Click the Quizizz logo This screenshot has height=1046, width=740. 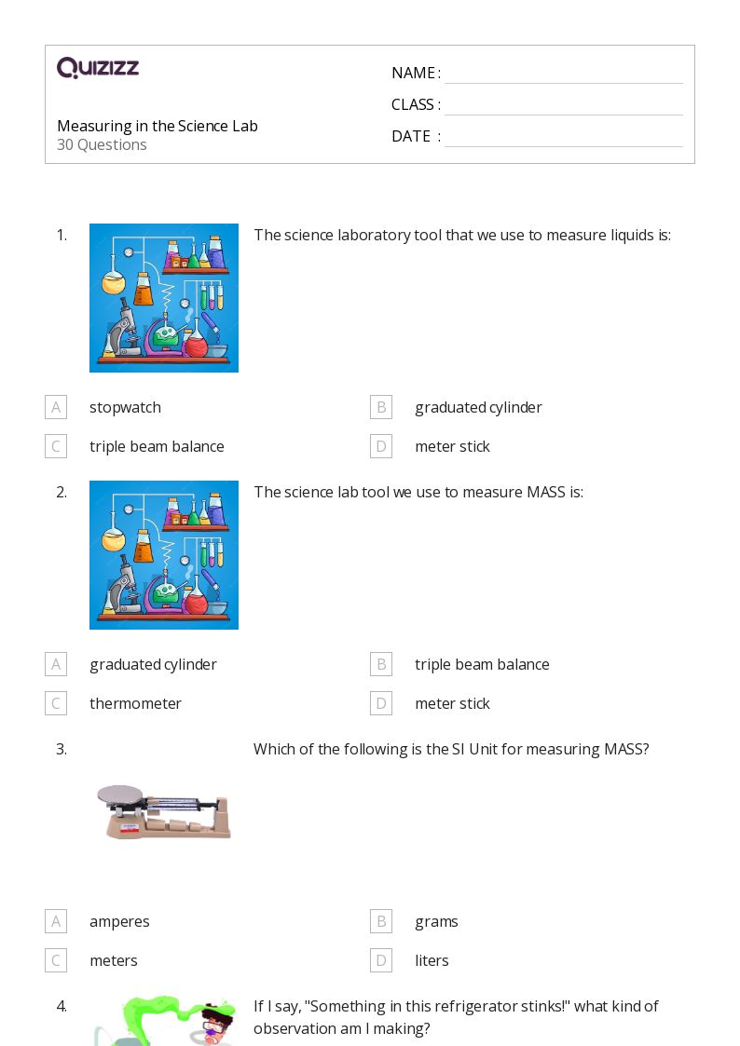pyautogui.click(x=98, y=68)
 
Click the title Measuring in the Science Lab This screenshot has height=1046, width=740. pyautogui.click(x=158, y=126)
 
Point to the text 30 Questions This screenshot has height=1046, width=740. pyautogui.click(x=102, y=144)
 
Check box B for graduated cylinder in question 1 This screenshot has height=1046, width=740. pyautogui.click(x=380, y=407)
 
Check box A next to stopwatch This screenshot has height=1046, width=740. pyautogui.click(x=56, y=407)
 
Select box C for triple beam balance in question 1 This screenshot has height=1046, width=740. pyautogui.click(x=56, y=446)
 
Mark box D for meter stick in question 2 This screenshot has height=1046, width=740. pyautogui.click(x=380, y=703)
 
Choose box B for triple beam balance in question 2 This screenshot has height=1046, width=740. pyautogui.click(x=380, y=664)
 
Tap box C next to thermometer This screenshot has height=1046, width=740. pyautogui.click(x=56, y=703)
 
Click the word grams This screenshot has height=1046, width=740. pyautogui.click(x=436, y=921)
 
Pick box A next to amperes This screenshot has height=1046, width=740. pyautogui.click(x=56, y=921)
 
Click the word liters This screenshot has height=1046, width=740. pyautogui.click(x=432, y=960)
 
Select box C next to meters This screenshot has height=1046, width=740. pyautogui.click(x=56, y=960)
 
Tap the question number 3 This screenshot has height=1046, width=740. pyautogui.click(x=62, y=749)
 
